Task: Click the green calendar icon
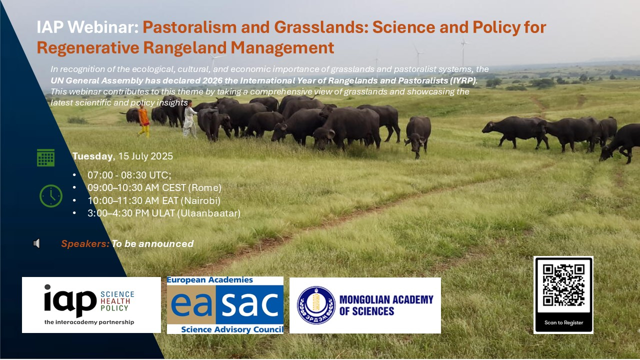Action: click(x=45, y=157)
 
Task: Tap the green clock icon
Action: click(x=51, y=196)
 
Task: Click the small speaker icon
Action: click(x=36, y=243)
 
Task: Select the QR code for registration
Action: click(x=563, y=285)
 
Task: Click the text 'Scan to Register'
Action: click(x=563, y=322)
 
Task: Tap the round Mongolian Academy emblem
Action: click(x=316, y=305)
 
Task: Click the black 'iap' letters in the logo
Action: click(x=70, y=300)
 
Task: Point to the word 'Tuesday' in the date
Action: click(x=92, y=156)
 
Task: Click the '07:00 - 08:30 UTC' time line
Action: click(x=129, y=175)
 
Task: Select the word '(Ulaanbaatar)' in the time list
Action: click(x=209, y=213)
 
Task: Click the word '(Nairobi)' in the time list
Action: click(x=200, y=200)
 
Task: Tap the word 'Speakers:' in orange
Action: click(x=85, y=243)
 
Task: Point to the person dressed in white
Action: click(x=189, y=118)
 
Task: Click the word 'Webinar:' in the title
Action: click(x=103, y=27)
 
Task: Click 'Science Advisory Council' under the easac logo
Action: click(x=232, y=329)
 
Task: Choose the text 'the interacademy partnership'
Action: click(x=89, y=322)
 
